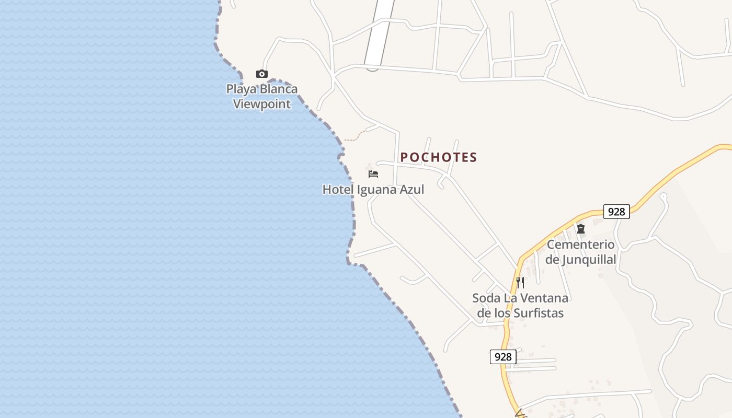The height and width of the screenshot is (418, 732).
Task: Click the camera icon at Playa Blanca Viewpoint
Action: [x=262, y=74]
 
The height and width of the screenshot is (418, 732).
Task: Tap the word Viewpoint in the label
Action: [x=261, y=103]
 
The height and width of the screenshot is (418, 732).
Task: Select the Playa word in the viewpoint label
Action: [x=242, y=89]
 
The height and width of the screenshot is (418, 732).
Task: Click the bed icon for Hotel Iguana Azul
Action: [x=373, y=173]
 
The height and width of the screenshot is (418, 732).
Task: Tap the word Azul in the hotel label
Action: [x=412, y=189]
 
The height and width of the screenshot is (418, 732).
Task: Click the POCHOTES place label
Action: [x=439, y=157]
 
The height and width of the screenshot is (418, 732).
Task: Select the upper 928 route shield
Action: [x=616, y=212]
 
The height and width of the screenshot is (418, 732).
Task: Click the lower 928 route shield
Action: [x=503, y=357]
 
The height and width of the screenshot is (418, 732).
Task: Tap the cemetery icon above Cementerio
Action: [x=581, y=229]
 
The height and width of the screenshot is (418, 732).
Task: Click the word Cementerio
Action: [x=581, y=245]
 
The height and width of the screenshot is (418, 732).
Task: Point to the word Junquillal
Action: [x=589, y=259]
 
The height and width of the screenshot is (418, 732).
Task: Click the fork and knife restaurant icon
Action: [x=520, y=283]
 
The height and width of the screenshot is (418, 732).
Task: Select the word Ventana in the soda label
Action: [x=545, y=298]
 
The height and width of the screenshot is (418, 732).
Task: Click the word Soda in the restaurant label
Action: [x=486, y=298]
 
